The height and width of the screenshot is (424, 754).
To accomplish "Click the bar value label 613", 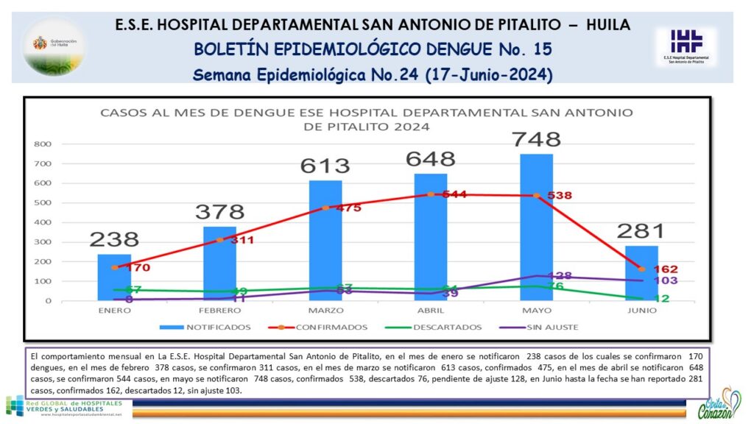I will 325,166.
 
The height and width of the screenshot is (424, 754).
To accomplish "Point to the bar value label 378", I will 219,212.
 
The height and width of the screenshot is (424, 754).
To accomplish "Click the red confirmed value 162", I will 665,269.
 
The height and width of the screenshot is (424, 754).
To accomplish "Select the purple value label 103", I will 665,280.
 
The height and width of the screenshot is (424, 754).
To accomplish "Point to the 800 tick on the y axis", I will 43,144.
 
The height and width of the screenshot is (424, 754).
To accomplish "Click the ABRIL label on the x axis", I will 430,311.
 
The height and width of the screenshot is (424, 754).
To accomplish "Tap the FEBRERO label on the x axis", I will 219,311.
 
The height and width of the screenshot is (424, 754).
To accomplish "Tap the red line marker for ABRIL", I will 431,194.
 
